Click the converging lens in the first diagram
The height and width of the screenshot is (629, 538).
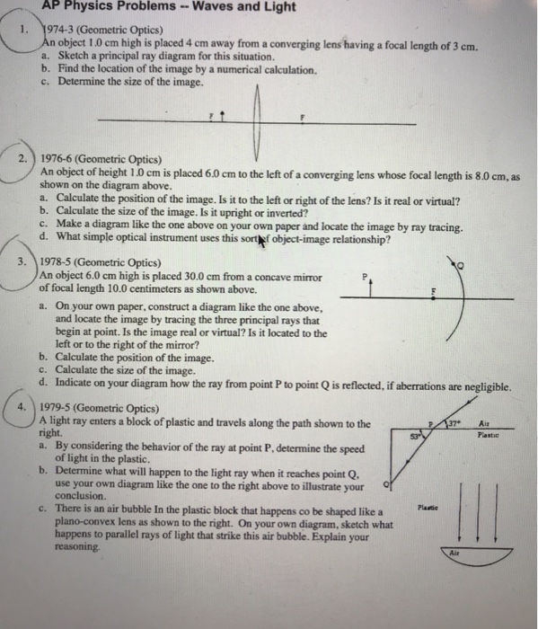[x=257, y=117]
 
